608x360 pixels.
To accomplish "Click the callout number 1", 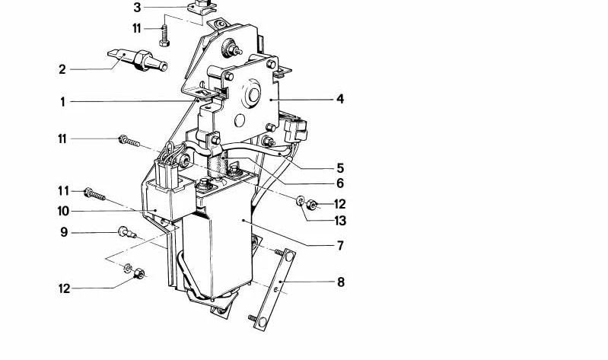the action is pos(62,102).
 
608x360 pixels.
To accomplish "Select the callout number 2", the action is pos(62,70).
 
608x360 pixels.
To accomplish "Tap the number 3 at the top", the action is pos(137,8).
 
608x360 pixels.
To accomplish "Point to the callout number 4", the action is pos(340,99).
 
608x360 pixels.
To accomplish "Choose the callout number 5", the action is pos(340,168).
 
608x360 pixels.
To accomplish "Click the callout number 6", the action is pos(340,183).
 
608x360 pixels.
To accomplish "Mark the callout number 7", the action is pos(340,246).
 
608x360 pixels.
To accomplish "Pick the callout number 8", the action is pos(340,282).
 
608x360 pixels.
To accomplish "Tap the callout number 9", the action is pos(64,232).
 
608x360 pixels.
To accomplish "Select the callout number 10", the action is pos(63,211).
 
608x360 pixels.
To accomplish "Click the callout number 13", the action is pos(340,221).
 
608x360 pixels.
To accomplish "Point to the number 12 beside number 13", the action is pos(339,204).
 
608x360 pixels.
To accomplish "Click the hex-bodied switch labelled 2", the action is pos(138,59).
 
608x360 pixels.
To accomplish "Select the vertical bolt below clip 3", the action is pos(164,36).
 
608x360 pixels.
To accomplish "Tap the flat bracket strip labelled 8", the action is pos(275,289).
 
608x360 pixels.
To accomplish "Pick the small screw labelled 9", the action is pos(127,233).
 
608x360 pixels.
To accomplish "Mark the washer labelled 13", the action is pos(301,201).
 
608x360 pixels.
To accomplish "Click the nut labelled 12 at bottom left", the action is pos(139,274).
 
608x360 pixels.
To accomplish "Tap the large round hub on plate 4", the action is pos(251,95).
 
